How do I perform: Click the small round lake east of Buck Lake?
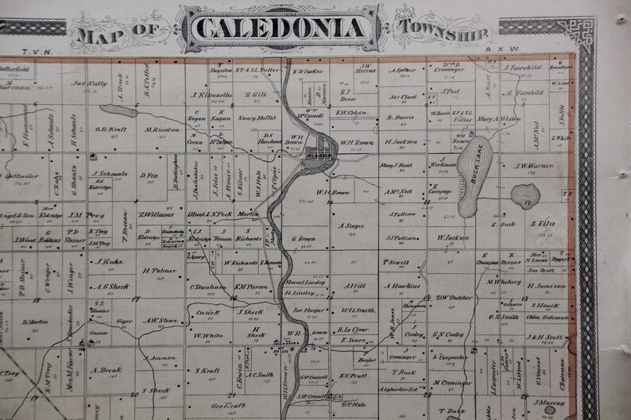coord(525,196)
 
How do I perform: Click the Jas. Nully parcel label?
coord(89,83)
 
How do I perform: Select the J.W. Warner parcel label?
coord(532,166)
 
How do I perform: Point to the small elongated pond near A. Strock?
coord(117,110)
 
